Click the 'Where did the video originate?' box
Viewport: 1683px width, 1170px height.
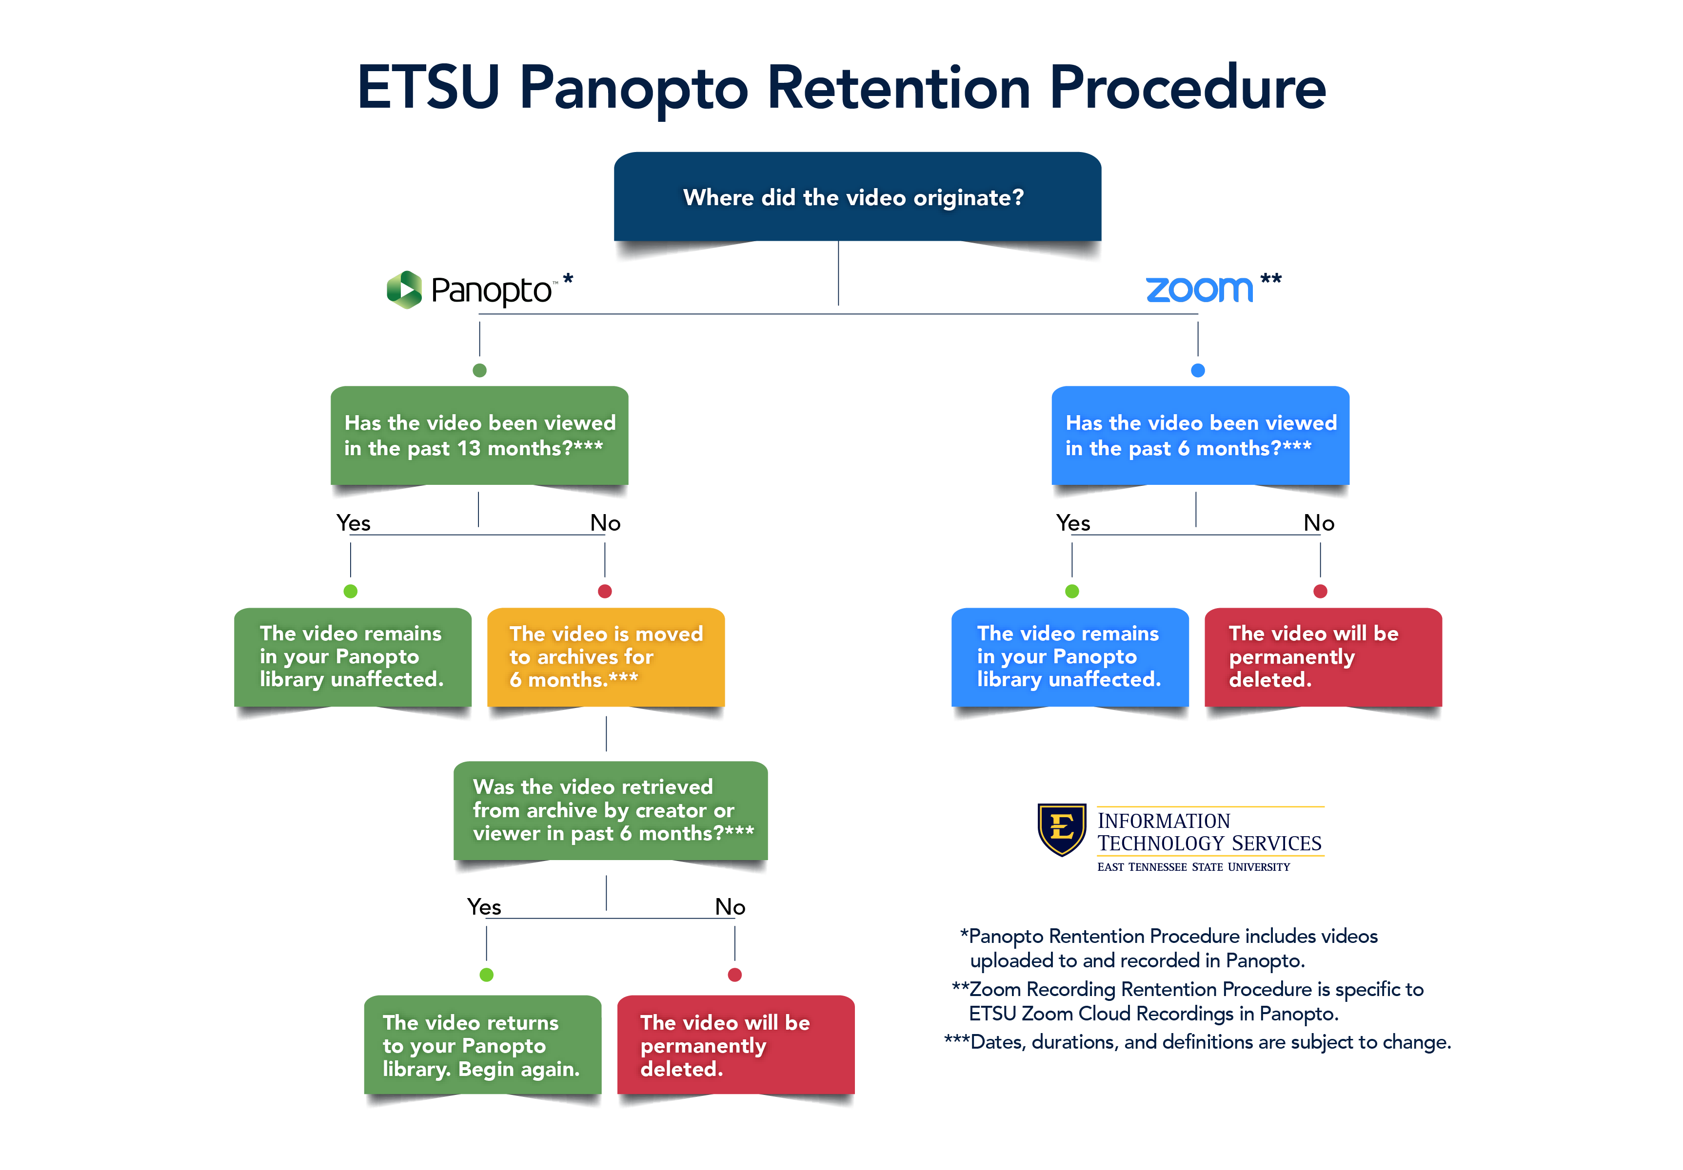coord(857,197)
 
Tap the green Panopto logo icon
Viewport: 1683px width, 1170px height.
coord(404,290)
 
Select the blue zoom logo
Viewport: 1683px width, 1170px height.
coord(1199,289)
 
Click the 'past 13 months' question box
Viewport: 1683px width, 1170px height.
coord(479,435)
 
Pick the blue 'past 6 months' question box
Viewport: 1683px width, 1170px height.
coord(1200,435)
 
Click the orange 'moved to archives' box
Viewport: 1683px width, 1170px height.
coord(606,656)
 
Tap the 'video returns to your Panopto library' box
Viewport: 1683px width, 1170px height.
coord(482,1045)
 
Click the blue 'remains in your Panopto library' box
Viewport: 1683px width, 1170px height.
coord(1069,656)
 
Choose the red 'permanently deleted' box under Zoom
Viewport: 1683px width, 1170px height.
coord(1323,656)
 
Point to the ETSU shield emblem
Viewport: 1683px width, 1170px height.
coord(1061,828)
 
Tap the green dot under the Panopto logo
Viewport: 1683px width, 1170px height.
coord(479,370)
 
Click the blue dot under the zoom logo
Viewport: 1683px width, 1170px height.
coord(1198,370)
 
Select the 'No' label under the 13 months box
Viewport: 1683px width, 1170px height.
coord(606,523)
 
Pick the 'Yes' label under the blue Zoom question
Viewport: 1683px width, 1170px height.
coord(1073,523)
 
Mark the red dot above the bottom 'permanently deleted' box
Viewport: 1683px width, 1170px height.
coord(734,975)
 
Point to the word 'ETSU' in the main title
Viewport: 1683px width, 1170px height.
coord(428,88)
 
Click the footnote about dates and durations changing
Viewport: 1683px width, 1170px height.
coord(1197,1042)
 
